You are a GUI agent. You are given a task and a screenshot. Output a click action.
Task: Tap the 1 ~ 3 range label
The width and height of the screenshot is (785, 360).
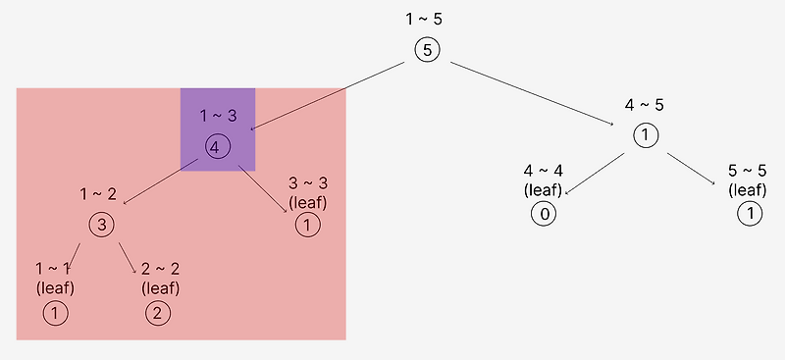[218, 116]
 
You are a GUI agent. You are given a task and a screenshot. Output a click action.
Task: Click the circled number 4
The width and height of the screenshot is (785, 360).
[218, 147]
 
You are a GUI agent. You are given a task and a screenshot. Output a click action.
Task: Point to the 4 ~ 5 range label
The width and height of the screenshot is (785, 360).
[644, 104]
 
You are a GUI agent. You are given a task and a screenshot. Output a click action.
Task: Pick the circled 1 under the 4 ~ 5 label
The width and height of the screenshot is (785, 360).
[644, 135]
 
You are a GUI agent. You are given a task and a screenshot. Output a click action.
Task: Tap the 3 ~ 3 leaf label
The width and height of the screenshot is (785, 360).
[307, 193]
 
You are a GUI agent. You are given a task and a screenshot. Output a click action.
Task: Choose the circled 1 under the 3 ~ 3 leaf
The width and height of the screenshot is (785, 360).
[307, 226]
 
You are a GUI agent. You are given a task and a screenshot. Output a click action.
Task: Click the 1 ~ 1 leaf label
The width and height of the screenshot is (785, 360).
[55, 278]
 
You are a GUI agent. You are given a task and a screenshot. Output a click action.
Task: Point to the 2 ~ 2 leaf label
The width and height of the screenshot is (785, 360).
[160, 278]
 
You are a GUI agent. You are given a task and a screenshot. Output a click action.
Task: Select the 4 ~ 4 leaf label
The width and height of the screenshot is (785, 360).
[543, 180]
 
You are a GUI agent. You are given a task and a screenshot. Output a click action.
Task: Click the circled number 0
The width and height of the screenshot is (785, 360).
[543, 214]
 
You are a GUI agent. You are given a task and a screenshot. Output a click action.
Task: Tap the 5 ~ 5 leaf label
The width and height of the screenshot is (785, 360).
[748, 180]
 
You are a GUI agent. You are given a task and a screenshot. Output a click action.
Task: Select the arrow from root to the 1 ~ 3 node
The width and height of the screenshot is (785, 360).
[328, 95]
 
